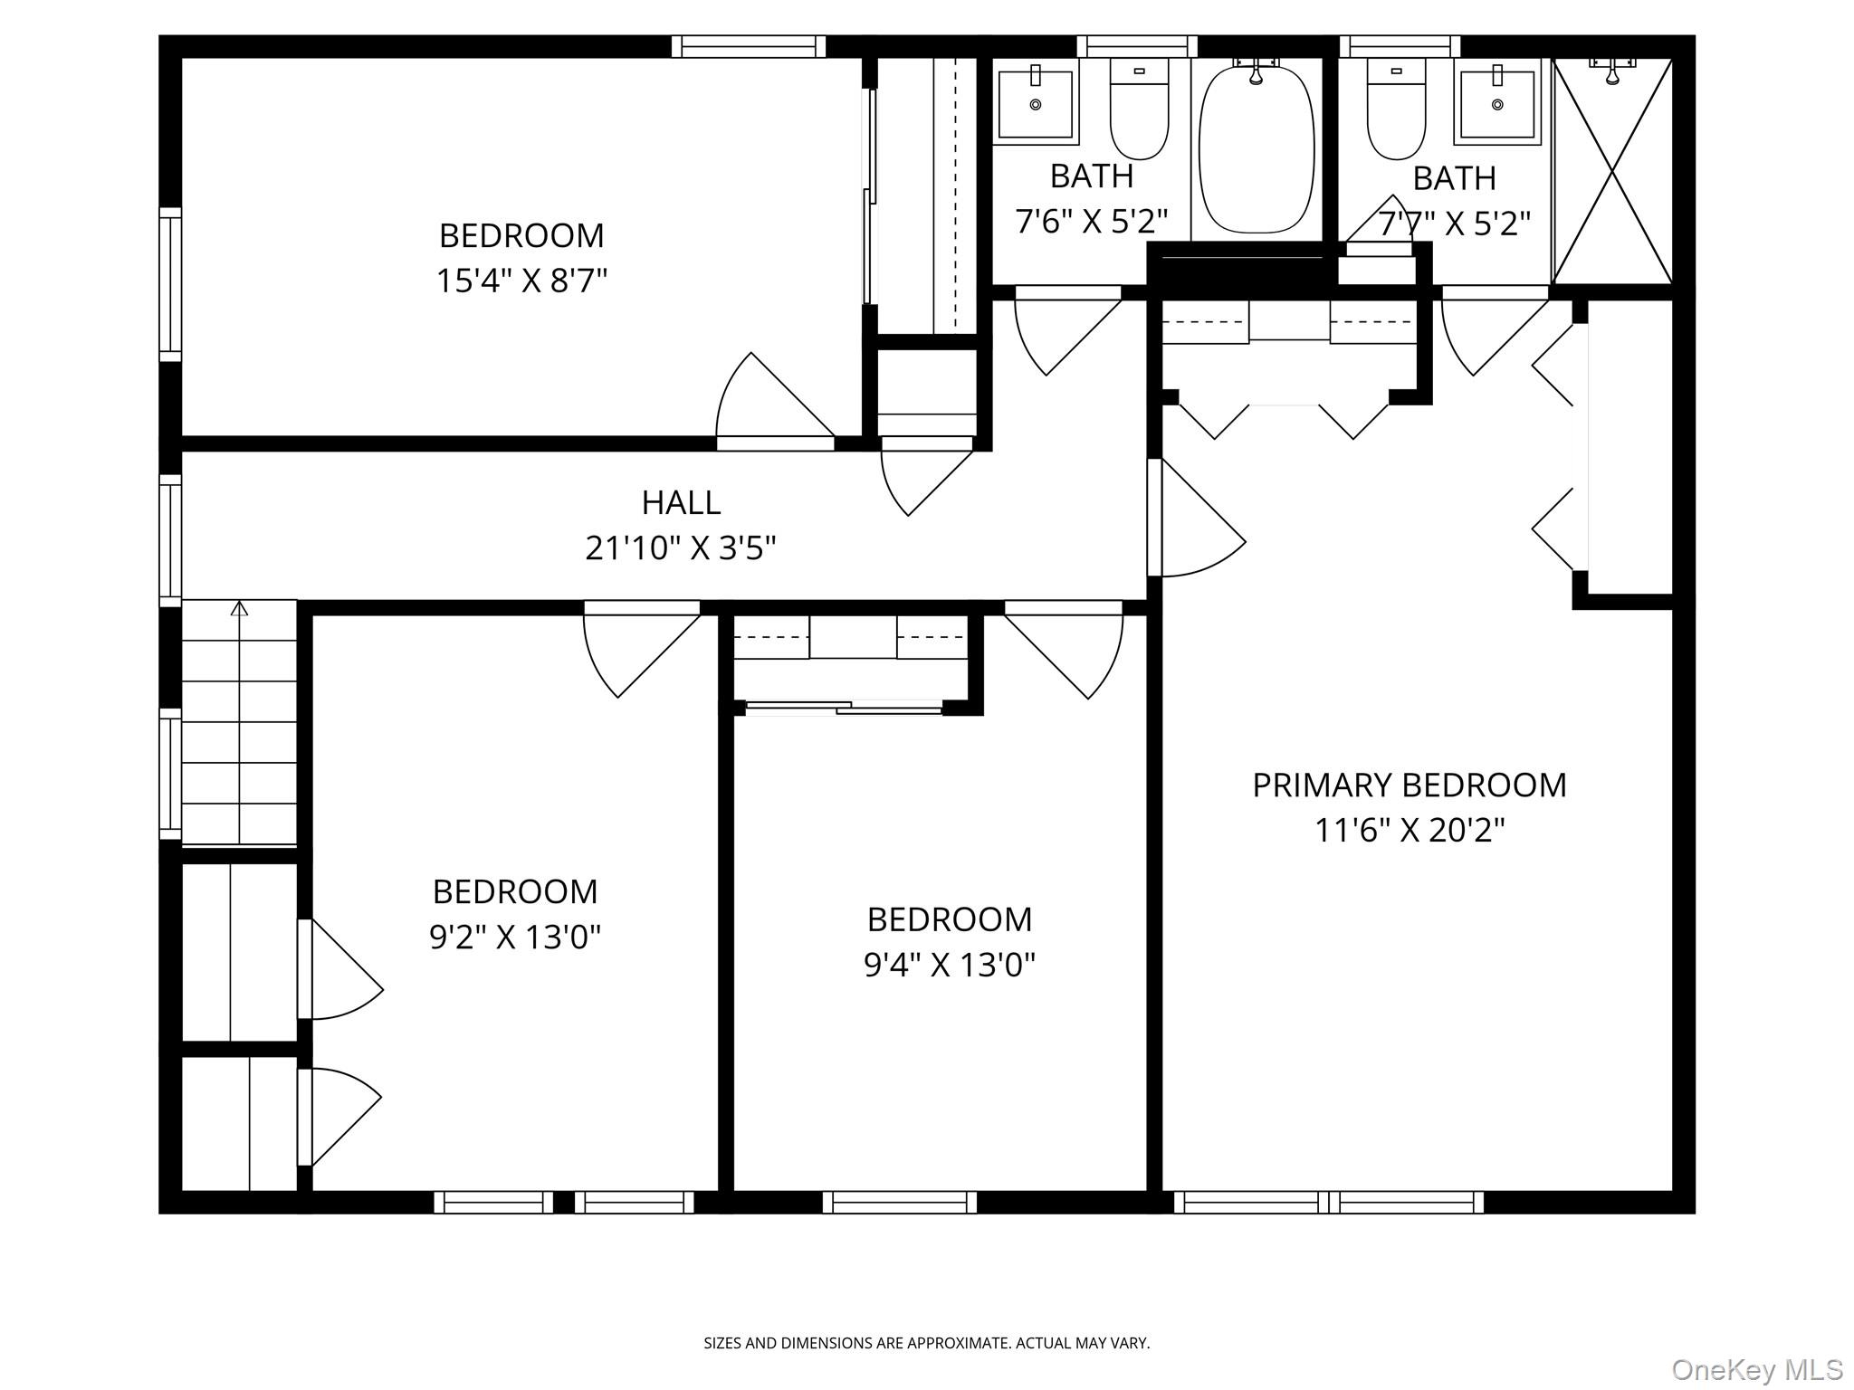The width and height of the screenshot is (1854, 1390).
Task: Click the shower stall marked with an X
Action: pos(1612,172)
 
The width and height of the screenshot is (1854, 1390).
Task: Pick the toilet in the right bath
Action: pos(1396,110)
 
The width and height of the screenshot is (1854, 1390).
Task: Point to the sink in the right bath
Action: pos(1497,101)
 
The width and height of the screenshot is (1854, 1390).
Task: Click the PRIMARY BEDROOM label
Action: pos(1409,785)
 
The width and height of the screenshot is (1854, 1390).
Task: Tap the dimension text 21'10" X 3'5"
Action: pos(681,547)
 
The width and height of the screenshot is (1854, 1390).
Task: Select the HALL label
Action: pos(681,502)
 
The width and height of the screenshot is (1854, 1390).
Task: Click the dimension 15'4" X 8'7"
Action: pos(521,281)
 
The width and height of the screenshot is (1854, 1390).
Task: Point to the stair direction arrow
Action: pos(239,609)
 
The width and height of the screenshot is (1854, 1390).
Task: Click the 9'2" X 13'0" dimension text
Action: pos(514,937)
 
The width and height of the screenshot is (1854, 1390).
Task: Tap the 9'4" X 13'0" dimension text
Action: pos(949,965)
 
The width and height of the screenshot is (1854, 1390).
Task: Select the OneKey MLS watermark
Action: pos(1756,1369)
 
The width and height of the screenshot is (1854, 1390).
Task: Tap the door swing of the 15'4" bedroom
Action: pos(769,403)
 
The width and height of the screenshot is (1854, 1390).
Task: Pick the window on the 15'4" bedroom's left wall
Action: pos(170,284)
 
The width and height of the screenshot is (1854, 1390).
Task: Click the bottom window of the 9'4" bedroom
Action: pos(900,1202)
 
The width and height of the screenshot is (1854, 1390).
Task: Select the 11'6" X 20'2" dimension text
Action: pos(1409,830)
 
